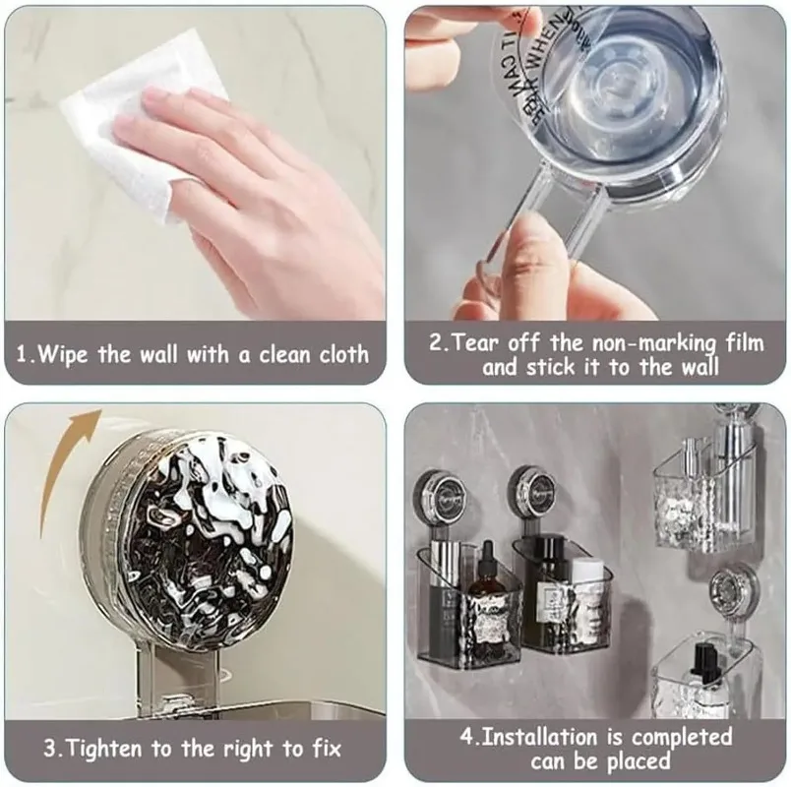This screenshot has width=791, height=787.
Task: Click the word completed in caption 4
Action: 682,737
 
